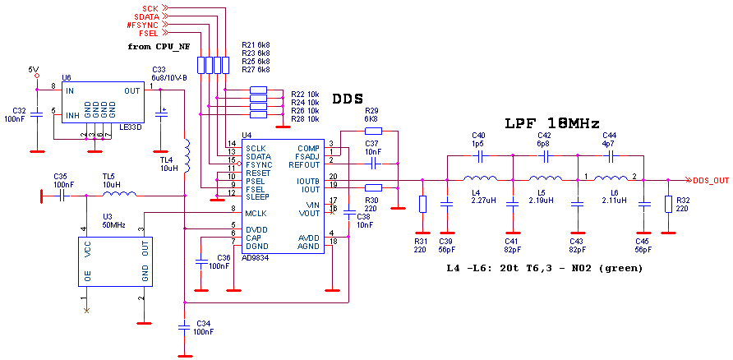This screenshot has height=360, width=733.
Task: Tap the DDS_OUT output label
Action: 711,180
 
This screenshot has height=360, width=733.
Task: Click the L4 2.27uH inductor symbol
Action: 479,178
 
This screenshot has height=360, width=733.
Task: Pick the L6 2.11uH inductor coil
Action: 611,178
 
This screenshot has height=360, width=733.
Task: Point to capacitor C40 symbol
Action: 479,155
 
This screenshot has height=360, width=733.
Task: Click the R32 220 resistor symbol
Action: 667,204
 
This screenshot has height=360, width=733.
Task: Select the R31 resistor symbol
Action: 422,204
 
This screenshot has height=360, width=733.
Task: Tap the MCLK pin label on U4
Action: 256,214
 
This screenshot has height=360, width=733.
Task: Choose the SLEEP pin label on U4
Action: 257,197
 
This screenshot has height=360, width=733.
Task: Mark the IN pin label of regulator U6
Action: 70,90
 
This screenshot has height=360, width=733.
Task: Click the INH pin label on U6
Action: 72,115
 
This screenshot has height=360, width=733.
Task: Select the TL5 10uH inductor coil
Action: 119,195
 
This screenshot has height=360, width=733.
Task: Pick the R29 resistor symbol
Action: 373,130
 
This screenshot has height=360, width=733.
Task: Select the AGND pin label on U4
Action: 308,246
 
